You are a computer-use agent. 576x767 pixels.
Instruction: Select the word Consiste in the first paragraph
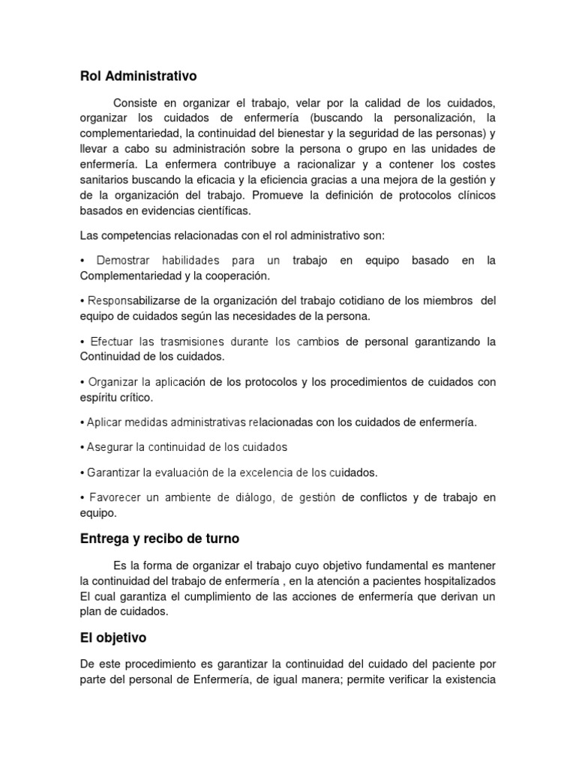[x=136, y=103]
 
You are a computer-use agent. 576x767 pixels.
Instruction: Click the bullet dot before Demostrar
[x=82, y=260]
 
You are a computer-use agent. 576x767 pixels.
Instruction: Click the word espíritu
[x=99, y=398]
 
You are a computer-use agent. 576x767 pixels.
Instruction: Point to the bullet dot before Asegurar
[x=82, y=447]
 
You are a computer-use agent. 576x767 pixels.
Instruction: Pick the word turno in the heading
[x=218, y=539]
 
